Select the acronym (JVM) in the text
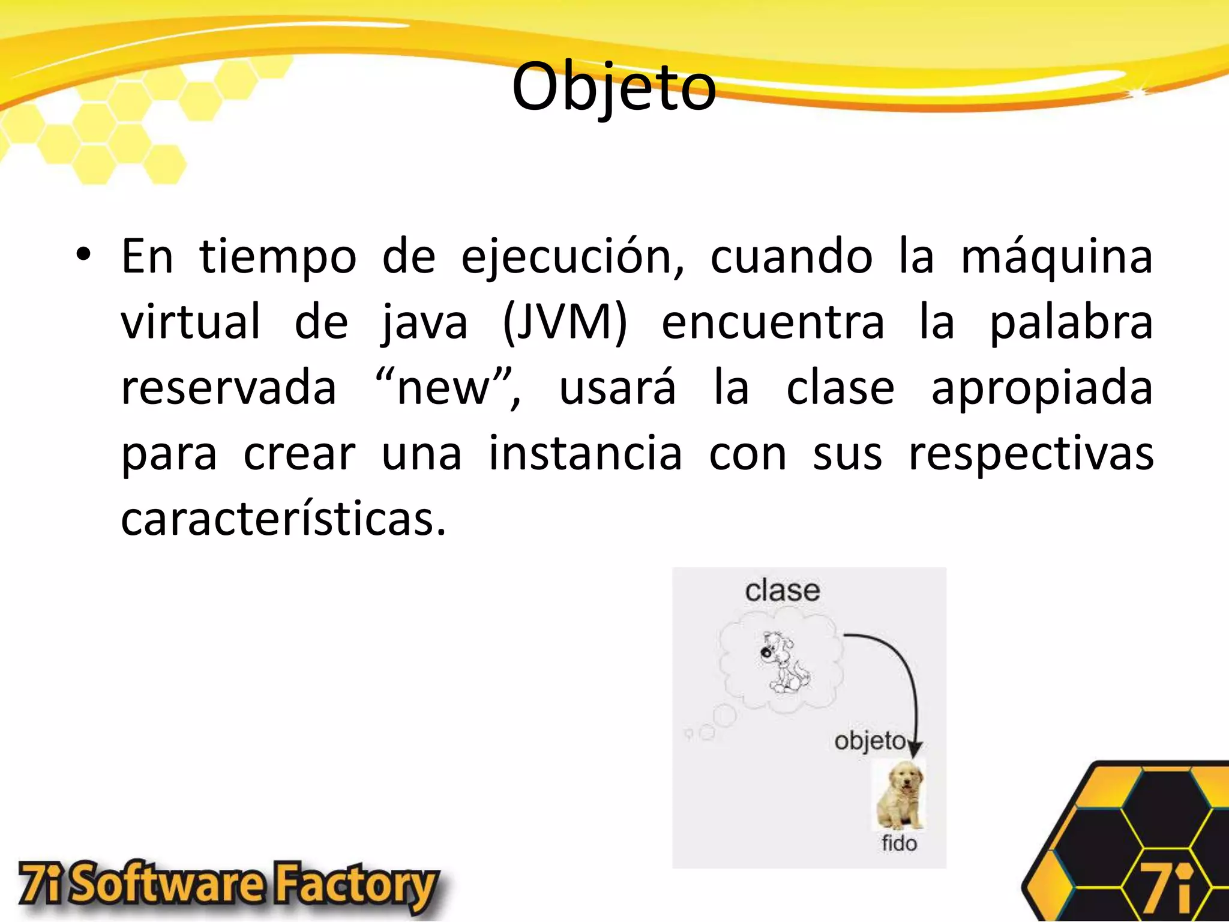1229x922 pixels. pyautogui.click(x=564, y=322)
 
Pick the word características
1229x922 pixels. pyautogui.click(x=283, y=519)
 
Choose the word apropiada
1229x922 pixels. pyautogui.click(x=1041, y=389)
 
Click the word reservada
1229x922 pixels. pyautogui.click(x=229, y=388)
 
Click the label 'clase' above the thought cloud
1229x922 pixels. pyautogui.click(x=783, y=591)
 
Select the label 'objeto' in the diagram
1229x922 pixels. pyautogui.click(x=870, y=741)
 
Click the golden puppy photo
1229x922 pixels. pyautogui.click(x=900, y=795)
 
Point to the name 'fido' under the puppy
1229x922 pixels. pyautogui.click(x=899, y=843)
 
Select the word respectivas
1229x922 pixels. pyautogui.click(x=1030, y=454)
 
